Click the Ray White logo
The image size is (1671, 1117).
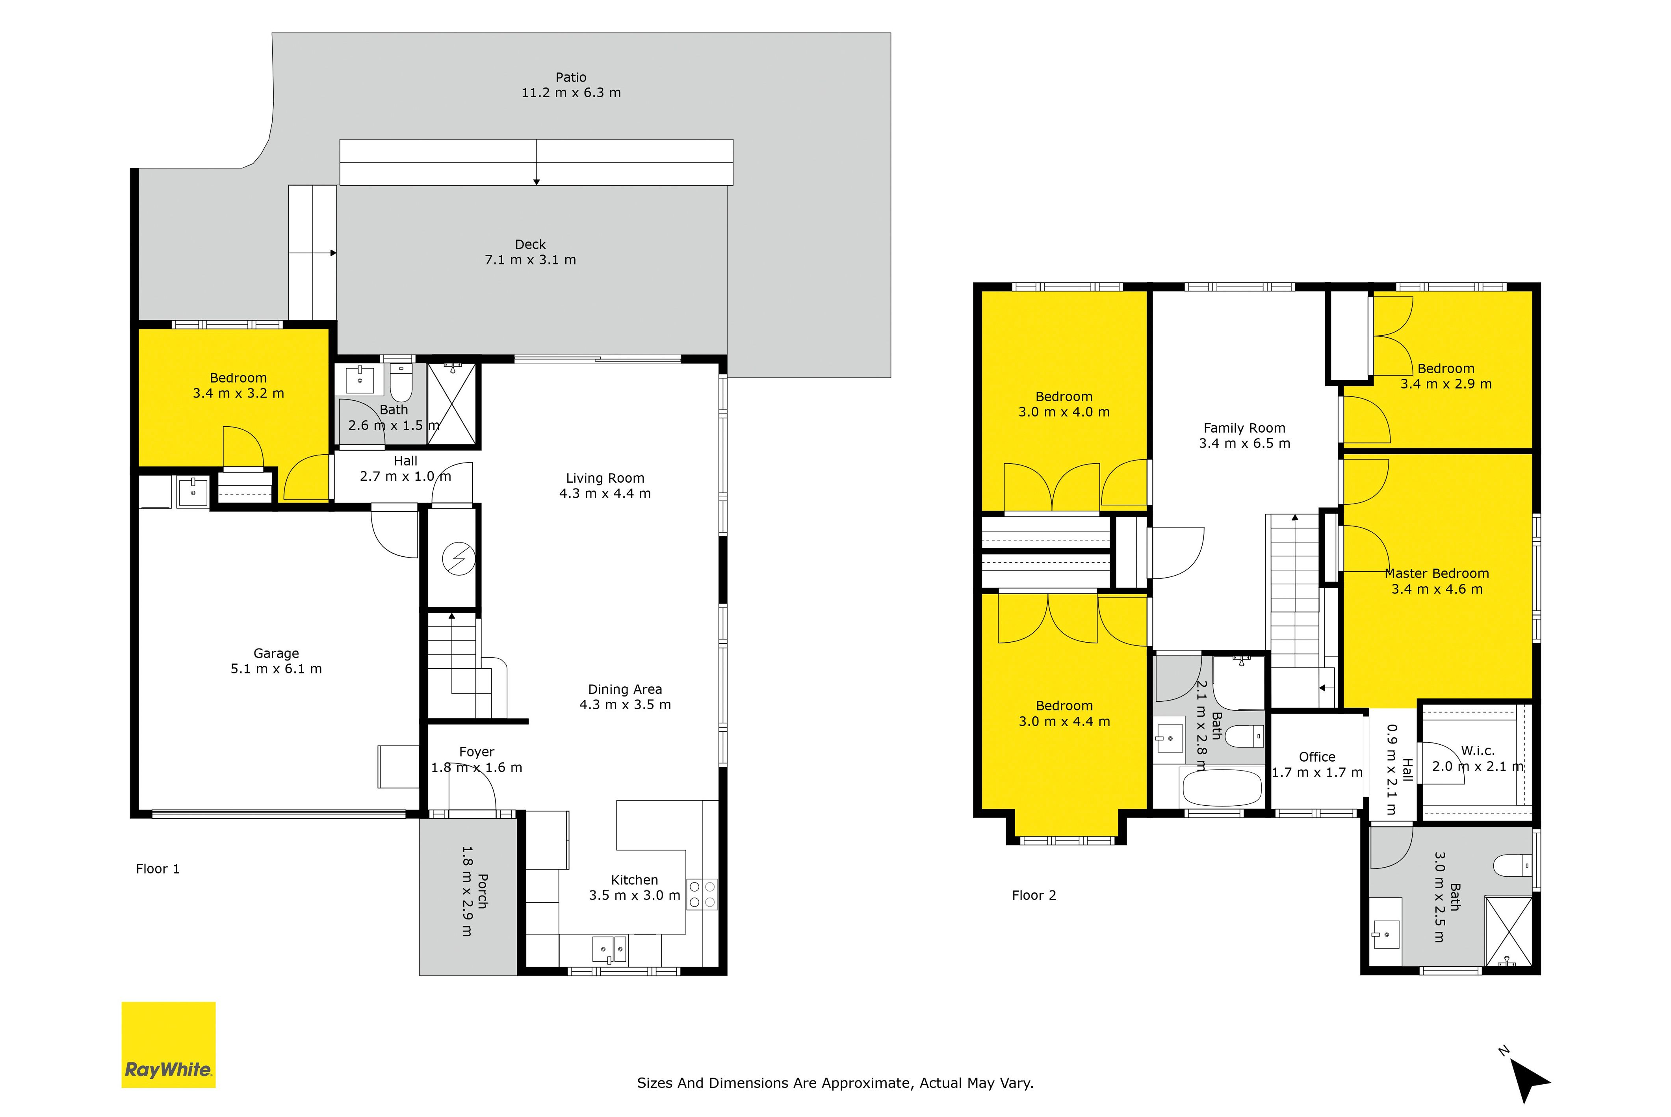coord(168,1045)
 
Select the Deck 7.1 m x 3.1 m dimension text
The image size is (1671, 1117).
coord(531,260)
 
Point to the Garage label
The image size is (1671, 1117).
coord(277,653)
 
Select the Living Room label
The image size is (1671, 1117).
coord(605,478)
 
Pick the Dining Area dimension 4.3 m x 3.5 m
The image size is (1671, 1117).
coord(626,704)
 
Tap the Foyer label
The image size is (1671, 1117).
coord(477,751)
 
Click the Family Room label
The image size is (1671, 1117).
coord(1244,428)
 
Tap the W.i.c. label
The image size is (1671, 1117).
coord(1478,751)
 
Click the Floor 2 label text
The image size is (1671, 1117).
coord(1034,896)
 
